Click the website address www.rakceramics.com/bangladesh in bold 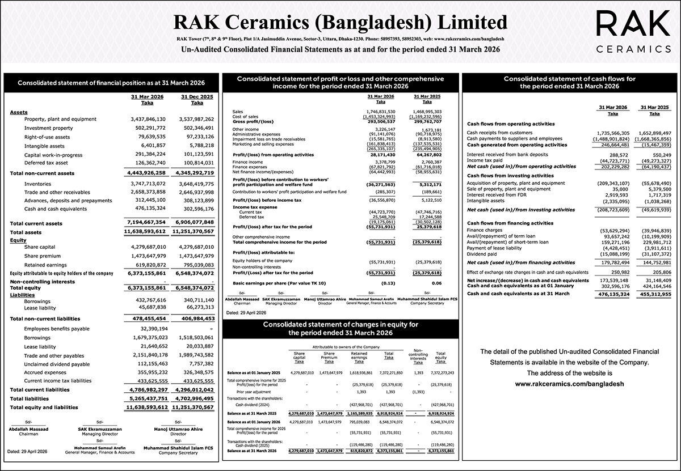point(569,384)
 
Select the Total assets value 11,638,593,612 point(144,232)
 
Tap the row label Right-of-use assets point(47,137)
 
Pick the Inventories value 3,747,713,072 point(144,184)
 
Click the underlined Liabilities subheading point(22,295)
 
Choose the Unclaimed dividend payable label point(57,364)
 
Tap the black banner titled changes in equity point(340,328)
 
